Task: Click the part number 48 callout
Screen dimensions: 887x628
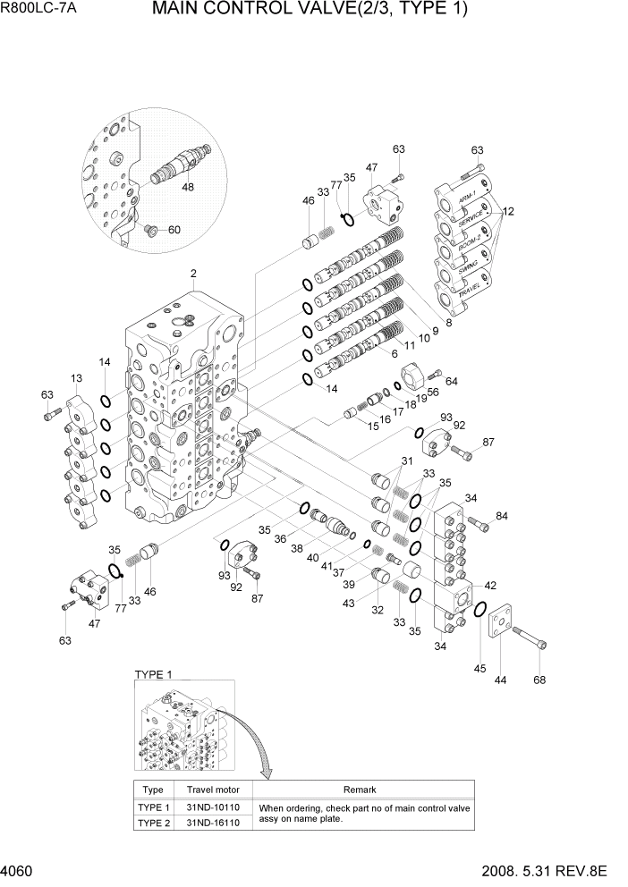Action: [188, 188]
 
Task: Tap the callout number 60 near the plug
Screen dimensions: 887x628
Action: [174, 230]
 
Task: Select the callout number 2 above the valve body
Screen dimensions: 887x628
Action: [192, 273]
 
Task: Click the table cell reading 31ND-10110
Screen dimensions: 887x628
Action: [209, 807]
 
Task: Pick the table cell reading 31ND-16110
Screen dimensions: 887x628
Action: [209, 824]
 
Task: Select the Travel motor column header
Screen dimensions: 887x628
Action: [209, 790]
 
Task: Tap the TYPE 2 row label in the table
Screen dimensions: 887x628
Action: [153, 824]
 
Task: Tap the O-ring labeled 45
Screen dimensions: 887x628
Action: [480, 610]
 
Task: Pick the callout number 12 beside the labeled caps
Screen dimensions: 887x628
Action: [508, 212]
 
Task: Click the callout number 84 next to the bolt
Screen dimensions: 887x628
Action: [501, 516]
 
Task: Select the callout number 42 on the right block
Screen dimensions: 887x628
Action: [490, 586]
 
